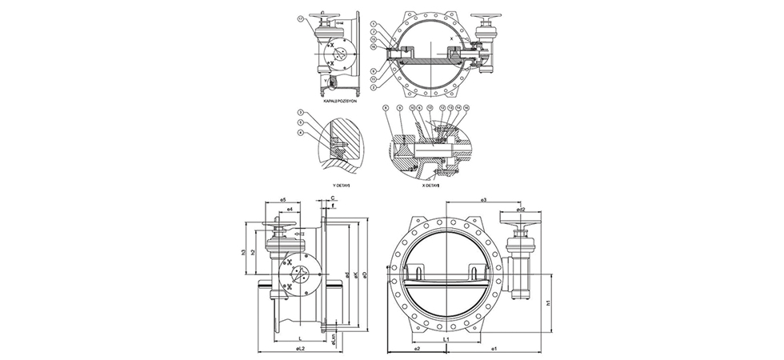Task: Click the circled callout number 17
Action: [300, 18]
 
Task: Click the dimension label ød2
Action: [521, 210]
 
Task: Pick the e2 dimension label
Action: [417, 350]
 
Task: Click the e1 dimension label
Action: [496, 350]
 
